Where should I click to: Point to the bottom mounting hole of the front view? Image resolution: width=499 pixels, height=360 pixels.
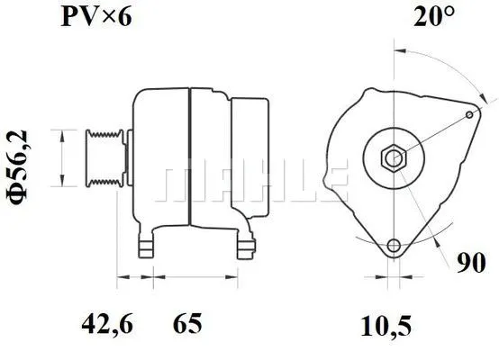point(393,247)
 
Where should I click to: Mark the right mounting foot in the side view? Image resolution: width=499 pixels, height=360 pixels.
point(244,246)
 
